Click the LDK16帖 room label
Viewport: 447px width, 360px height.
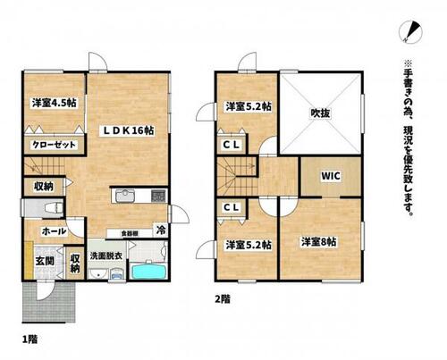129,130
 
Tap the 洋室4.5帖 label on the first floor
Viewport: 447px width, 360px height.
55,103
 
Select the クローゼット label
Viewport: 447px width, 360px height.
55,145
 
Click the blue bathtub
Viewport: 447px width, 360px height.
148,271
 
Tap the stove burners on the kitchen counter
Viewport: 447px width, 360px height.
158,196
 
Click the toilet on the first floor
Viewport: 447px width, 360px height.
54,207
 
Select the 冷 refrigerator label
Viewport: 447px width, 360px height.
161,230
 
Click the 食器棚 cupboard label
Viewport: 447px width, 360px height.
129,233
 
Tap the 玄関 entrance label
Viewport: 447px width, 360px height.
45,262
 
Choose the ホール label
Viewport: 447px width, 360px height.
54,231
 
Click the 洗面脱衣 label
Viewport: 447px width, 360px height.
106,256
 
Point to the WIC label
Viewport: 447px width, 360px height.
331,176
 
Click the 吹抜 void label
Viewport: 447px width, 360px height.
321,113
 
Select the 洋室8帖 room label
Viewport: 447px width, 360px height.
318,242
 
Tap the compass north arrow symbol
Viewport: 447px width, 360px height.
410,31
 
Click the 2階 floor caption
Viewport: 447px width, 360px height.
223,299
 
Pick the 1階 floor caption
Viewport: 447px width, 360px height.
30,339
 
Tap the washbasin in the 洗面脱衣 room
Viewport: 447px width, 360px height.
97,274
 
